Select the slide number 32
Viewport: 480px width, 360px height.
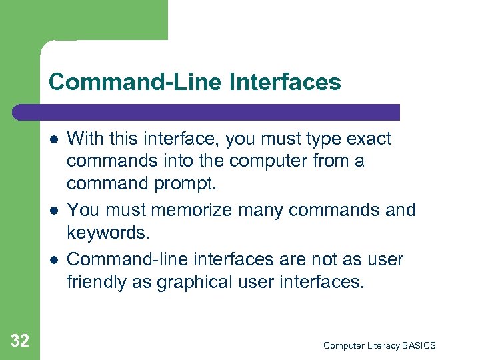pos(20,341)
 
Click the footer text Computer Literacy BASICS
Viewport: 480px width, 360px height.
pos(379,345)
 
